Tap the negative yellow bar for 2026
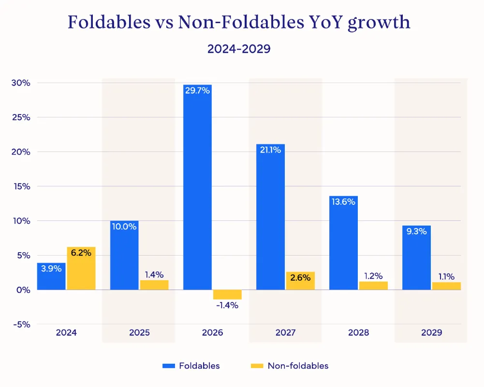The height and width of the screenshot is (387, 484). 227,295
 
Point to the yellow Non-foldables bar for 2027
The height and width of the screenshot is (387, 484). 300,281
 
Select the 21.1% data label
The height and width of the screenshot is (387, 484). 271,150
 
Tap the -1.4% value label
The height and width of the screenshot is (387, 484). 227,305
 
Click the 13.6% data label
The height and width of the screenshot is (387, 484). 344,202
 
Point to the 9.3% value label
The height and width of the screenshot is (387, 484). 417,231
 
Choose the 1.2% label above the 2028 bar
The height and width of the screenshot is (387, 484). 373,276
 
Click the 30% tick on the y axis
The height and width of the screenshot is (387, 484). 21,83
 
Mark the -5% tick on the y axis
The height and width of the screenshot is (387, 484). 21,324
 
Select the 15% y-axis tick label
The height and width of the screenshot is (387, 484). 21,186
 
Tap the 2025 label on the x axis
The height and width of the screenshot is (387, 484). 139,333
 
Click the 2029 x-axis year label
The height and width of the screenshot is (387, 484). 431,333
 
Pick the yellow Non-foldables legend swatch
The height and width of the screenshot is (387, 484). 257,366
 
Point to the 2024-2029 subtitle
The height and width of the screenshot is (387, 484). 239,49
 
